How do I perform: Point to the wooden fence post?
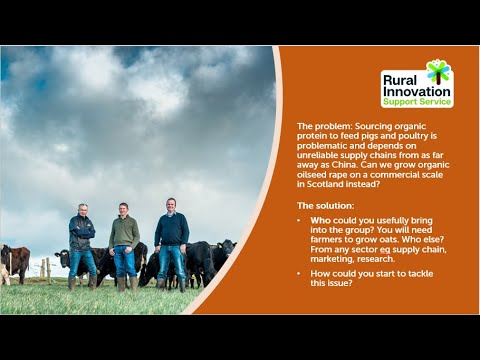coord(46,267)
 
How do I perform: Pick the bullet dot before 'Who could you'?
coord(301,219)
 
